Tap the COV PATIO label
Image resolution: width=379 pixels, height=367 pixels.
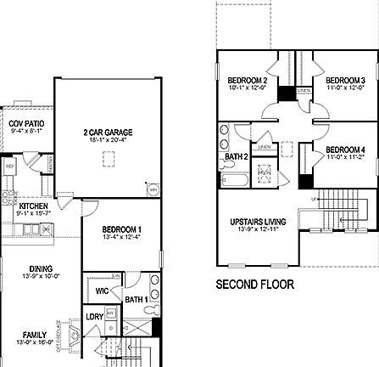26,124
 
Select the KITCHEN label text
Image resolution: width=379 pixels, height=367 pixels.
33,206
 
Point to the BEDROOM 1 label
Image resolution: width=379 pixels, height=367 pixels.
122,229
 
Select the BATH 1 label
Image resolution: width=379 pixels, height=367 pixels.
135,298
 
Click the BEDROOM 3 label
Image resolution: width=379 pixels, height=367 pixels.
345,80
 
